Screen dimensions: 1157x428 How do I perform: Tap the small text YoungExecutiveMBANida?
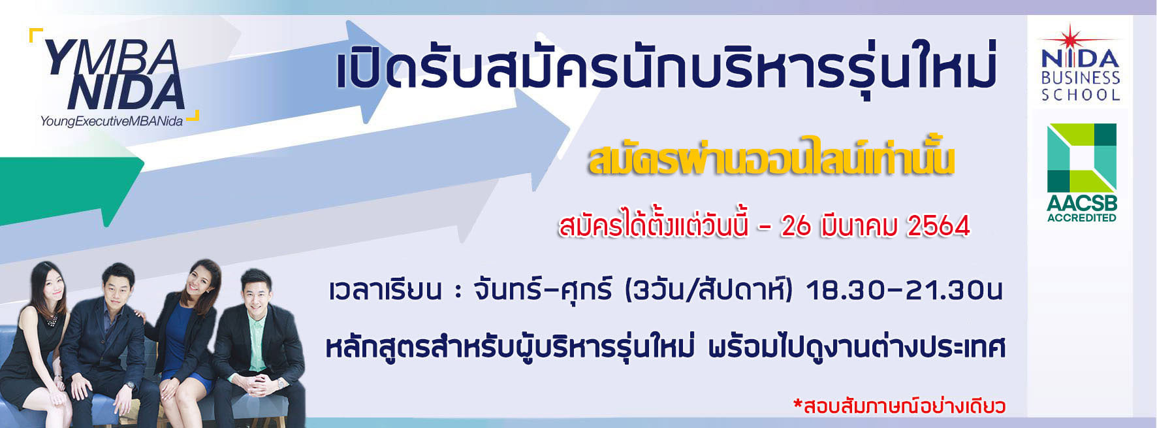[x=111, y=122]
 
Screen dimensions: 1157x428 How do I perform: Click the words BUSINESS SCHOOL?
[x=1081, y=86]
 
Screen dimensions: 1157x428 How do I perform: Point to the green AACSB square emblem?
[x=1082, y=157]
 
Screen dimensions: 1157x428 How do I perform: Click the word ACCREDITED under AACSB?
[x=1082, y=218]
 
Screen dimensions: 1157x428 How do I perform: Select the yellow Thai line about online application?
[x=771, y=157]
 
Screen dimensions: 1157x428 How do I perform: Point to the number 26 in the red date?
[x=796, y=226]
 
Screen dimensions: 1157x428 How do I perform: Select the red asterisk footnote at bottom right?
[x=899, y=406]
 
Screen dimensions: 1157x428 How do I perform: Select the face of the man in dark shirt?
[x=118, y=286]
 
